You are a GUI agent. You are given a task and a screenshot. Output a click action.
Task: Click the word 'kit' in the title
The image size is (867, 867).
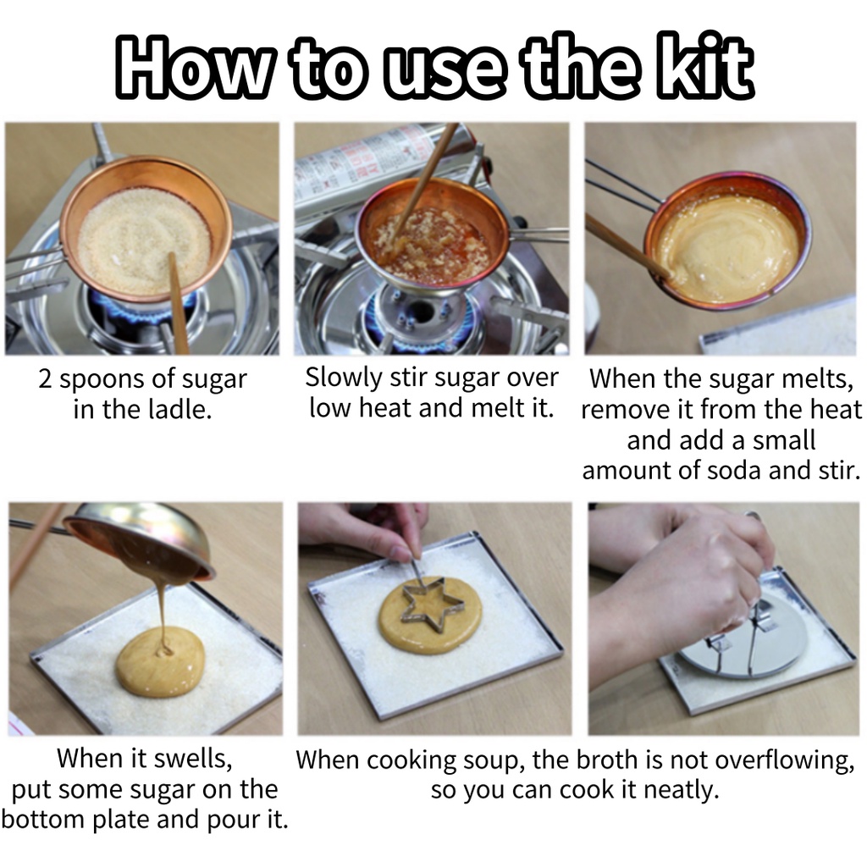(x=704, y=66)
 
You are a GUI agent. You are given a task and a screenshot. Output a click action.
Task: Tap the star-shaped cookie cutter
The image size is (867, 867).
(x=424, y=605)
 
